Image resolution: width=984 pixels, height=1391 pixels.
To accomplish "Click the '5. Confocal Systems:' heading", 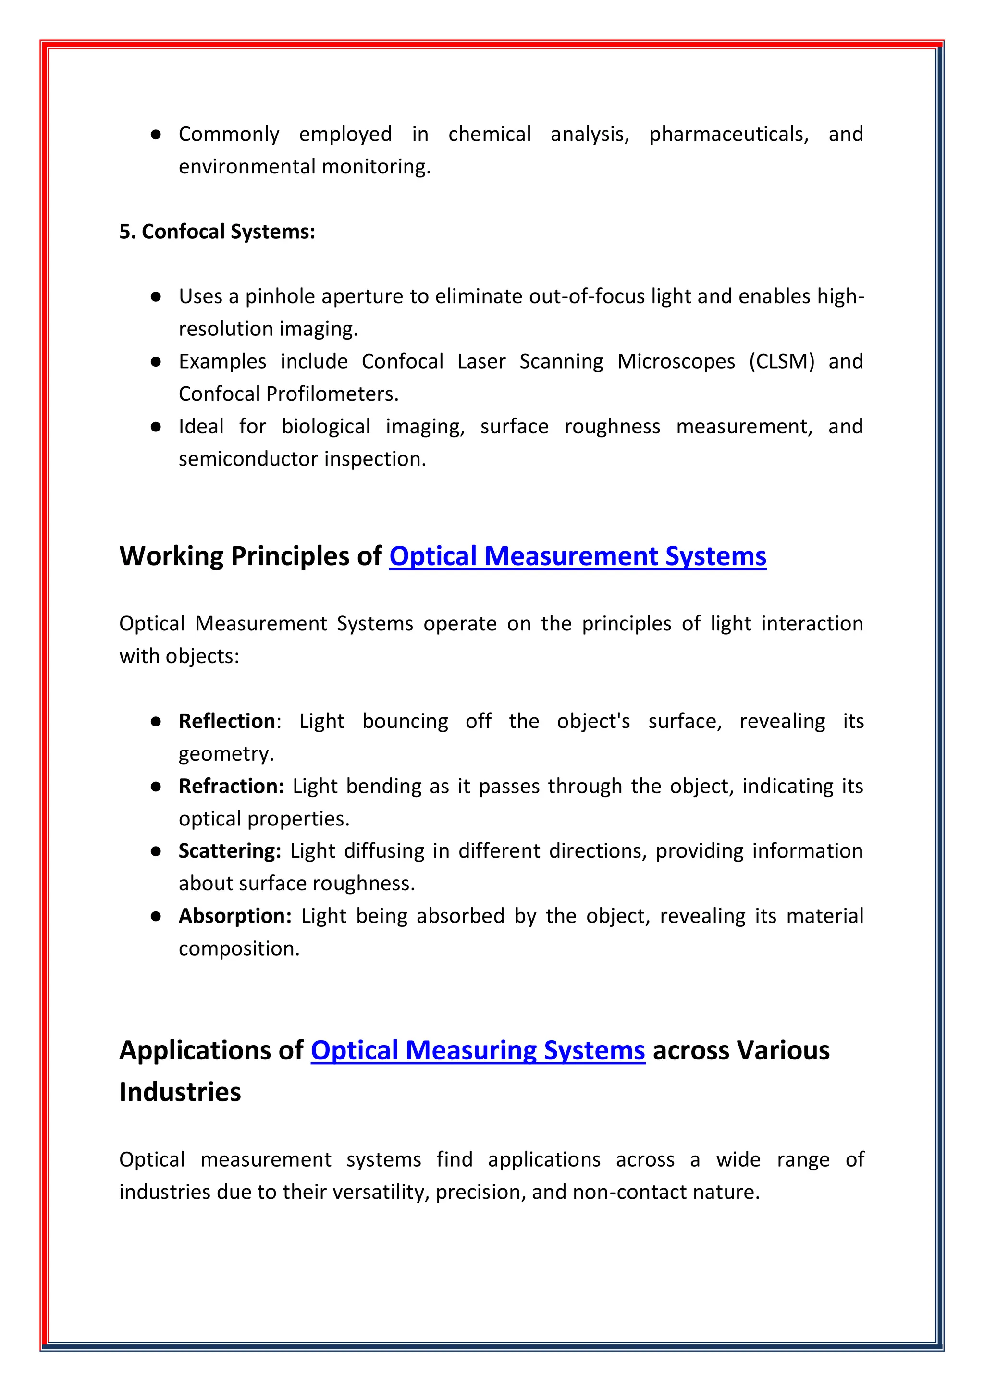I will (217, 232).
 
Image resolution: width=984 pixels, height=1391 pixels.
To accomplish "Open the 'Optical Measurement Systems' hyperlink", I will (578, 556).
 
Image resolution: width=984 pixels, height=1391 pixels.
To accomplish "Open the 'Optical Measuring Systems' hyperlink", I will (478, 1050).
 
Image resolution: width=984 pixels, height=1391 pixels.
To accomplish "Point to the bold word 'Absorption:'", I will (235, 915).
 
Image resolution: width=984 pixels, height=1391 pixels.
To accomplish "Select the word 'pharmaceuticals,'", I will (729, 134).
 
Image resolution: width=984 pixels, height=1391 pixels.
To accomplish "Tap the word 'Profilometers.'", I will (332, 394).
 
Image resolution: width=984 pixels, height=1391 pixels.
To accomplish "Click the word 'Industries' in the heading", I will (180, 1092).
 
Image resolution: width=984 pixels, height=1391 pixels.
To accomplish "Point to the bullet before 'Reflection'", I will (156, 722).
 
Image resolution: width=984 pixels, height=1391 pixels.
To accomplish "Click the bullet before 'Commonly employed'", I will (156, 135).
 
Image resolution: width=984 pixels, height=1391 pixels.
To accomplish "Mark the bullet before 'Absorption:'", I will (156, 916).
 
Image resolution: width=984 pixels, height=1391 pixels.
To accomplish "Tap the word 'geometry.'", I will (226, 754).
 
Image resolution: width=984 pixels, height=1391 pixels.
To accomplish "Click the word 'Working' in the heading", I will (172, 556).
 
